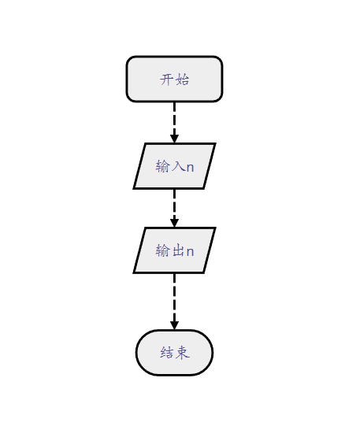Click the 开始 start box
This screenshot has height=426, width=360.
point(174,79)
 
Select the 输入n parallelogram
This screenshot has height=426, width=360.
point(174,165)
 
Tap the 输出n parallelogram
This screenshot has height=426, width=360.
point(174,250)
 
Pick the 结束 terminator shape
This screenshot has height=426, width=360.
point(174,353)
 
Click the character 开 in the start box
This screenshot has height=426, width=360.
point(166,80)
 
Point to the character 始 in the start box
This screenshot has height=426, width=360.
point(182,80)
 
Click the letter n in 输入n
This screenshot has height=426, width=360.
point(190,168)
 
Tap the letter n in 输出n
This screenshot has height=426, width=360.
point(190,252)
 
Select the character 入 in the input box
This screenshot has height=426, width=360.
point(178,166)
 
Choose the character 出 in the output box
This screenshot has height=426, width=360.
point(178,250)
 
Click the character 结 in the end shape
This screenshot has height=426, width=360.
point(166,353)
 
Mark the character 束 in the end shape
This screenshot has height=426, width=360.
point(182,353)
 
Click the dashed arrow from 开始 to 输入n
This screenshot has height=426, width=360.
point(174,123)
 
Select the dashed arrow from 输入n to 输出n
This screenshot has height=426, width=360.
point(174,208)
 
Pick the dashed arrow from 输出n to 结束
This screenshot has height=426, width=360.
point(174,302)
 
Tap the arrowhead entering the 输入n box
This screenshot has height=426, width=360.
point(174,139)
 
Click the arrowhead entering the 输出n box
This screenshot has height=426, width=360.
point(174,223)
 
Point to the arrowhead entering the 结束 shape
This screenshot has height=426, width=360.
point(174,325)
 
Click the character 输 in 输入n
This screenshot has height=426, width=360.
point(162,166)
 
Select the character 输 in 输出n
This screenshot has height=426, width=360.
point(162,250)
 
